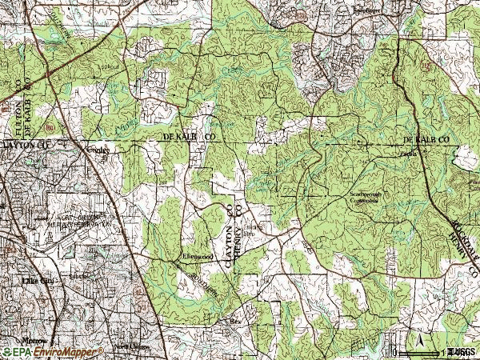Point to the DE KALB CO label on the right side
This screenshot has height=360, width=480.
(x=427, y=139)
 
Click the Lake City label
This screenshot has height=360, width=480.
(x=38, y=282)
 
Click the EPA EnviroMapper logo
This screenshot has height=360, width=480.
(x=52, y=352)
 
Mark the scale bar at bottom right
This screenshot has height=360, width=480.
(x=419, y=352)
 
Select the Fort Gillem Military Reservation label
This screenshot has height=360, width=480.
(x=76, y=221)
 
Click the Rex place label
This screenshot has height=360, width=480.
(x=235, y=322)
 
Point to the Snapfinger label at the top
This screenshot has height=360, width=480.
(x=370, y=11)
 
